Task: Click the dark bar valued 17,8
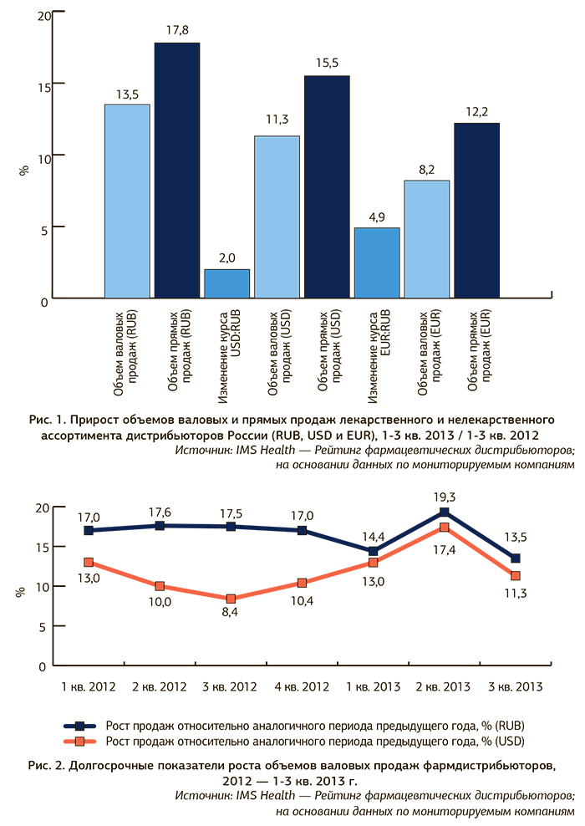pos(176,170)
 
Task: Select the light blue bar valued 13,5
pos(127,201)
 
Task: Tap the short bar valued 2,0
pos(226,283)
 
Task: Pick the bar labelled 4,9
pos(376,263)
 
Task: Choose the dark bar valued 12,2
pos(476,210)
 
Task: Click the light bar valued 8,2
pos(426,238)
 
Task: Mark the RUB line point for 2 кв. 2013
pos(445,512)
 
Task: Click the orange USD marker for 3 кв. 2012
pos(231,599)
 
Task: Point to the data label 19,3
pos(445,495)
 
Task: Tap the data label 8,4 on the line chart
pos(231,616)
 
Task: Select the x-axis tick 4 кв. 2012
pos(302,687)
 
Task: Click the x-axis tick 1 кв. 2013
pos(373,687)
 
